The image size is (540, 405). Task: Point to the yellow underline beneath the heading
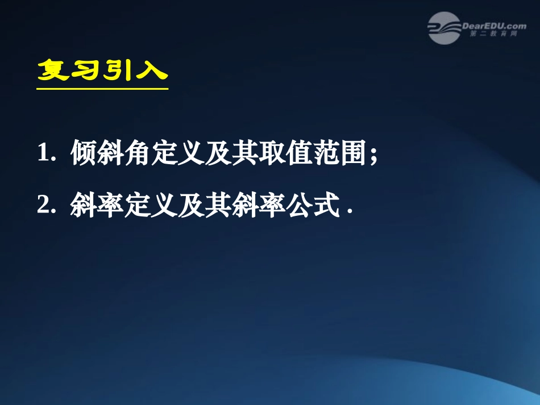pyautogui.click(x=102, y=88)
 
